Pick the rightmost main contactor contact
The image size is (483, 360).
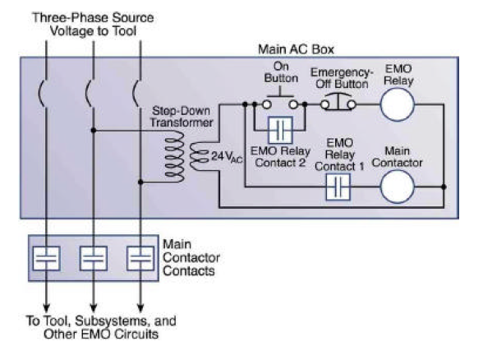click(x=140, y=258)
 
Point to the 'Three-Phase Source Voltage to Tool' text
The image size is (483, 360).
click(x=93, y=22)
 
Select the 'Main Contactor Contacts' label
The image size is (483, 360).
click(x=190, y=257)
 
